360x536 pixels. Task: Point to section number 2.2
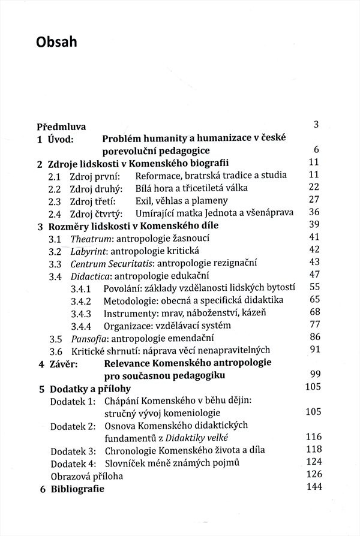[x=55, y=188]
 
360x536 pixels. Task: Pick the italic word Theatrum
[x=88, y=239]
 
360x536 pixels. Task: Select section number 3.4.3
[x=80, y=314]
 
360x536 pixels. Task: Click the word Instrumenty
[x=130, y=314]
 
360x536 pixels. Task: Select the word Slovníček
[x=126, y=463]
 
